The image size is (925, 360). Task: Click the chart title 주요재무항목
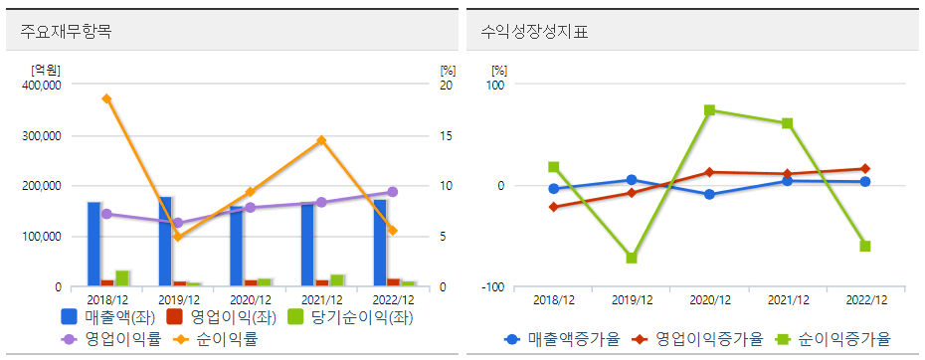click(66, 31)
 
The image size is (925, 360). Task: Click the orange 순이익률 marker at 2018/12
click(106, 98)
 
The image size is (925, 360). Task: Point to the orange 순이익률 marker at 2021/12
click(321, 141)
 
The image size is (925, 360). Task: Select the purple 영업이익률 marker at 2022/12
click(392, 192)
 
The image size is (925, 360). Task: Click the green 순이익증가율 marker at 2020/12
click(709, 110)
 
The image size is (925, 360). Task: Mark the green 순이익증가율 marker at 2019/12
click(632, 259)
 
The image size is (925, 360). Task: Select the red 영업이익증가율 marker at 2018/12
click(553, 207)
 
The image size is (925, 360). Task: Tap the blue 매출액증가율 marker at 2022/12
click(865, 182)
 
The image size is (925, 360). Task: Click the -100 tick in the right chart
click(492, 287)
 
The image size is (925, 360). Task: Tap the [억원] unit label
click(46, 70)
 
